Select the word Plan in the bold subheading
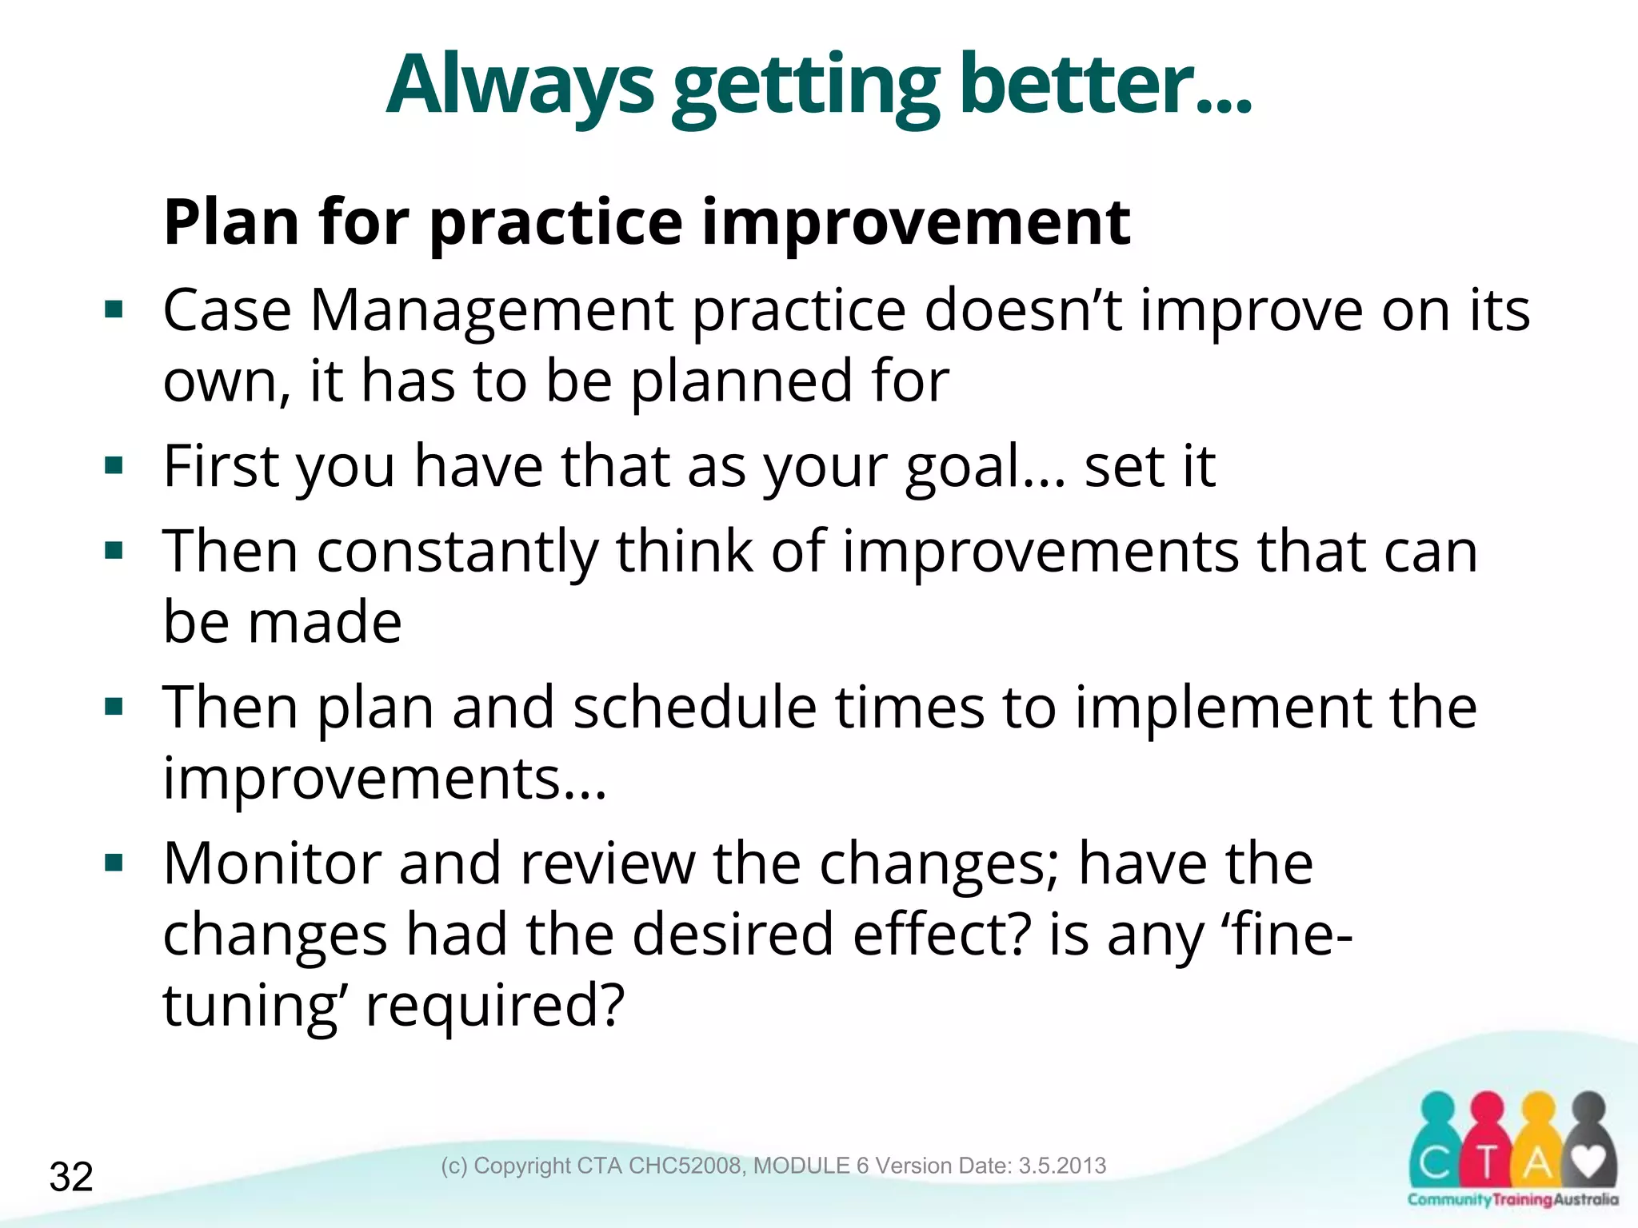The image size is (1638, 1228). (x=233, y=222)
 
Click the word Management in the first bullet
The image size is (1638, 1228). (x=491, y=310)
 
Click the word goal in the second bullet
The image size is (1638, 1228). (x=963, y=466)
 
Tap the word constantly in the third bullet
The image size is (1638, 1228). (x=457, y=552)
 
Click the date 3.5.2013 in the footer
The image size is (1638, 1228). (x=1062, y=1166)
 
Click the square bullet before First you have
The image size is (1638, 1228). (x=114, y=465)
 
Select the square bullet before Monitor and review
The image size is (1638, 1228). (x=114, y=863)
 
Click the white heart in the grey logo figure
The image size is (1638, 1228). (x=1588, y=1159)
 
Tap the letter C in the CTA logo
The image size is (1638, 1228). (x=1436, y=1163)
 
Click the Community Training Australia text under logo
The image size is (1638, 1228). (x=1512, y=1199)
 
